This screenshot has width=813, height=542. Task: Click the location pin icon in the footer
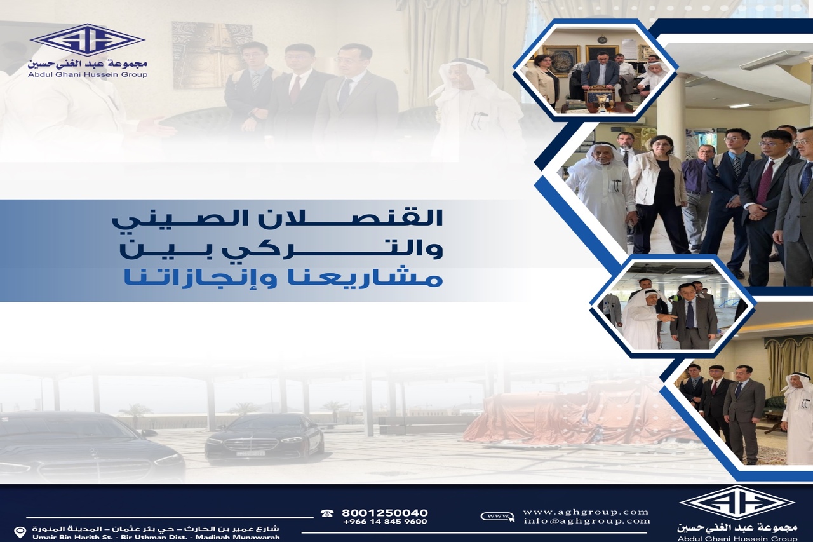(x=19, y=533)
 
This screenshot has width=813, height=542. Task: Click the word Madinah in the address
(x=214, y=538)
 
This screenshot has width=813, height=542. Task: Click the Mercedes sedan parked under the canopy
(x=264, y=440)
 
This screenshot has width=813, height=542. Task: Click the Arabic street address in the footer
(x=156, y=529)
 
